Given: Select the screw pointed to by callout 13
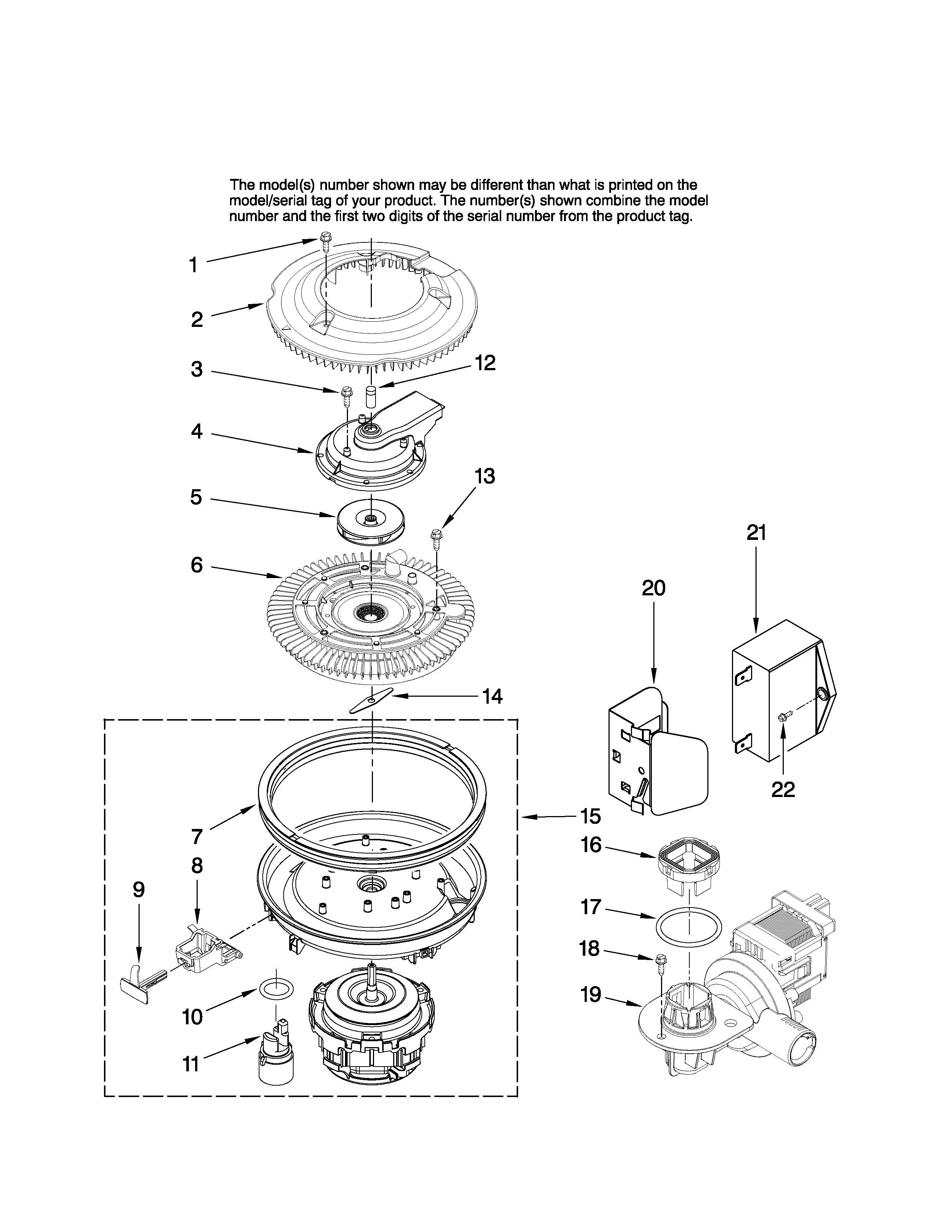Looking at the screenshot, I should click(436, 536).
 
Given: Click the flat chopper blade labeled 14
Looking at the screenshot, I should click(371, 701).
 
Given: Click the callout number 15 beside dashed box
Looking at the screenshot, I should click(590, 816).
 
